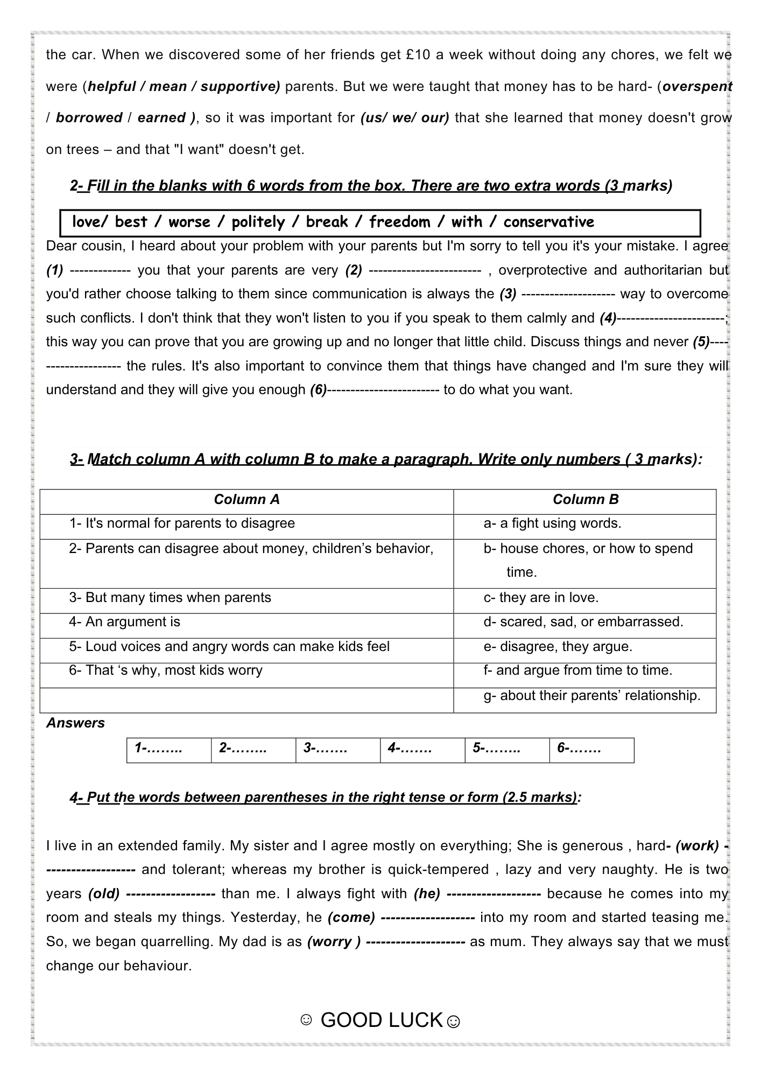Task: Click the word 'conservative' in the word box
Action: (548, 222)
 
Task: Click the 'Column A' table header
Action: (246, 500)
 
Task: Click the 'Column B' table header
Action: (585, 500)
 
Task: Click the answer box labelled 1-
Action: (169, 749)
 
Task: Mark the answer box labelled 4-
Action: (422, 749)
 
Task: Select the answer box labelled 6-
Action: (591, 749)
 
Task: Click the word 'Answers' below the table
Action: (75, 723)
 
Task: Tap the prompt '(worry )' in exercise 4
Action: (333, 942)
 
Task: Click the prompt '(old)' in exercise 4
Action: (104, 894)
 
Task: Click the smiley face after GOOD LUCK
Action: (454, 1022)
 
